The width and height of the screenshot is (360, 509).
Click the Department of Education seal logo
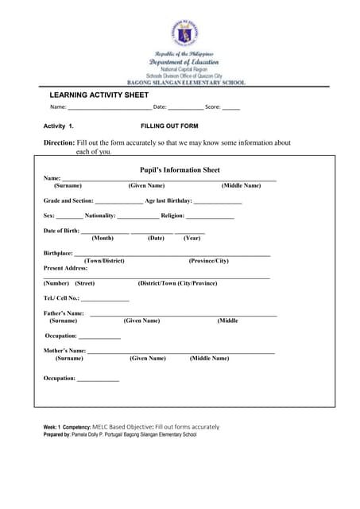coord(184,33)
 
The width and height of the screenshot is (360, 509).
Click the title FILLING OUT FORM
coord(169,126)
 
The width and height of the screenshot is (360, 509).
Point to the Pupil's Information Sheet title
coord(180,169)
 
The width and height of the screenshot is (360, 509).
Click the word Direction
coord(58,142)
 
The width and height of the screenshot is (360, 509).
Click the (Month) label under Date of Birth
coord(103,238)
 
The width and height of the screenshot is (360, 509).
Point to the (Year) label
coord(192,238)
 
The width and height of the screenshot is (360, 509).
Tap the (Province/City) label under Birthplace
coord(208,261)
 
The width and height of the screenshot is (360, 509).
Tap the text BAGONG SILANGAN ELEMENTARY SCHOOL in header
coord(187,83)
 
